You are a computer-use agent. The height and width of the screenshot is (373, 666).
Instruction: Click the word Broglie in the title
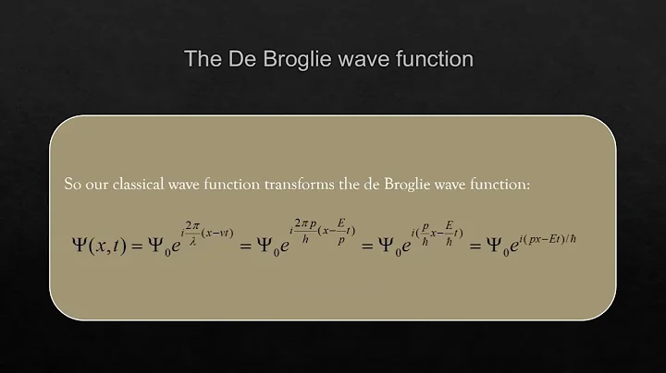click(306, 60)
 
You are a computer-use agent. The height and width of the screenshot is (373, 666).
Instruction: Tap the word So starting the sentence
click(73, 185)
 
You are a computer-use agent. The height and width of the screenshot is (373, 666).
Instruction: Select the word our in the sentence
click(101, 185)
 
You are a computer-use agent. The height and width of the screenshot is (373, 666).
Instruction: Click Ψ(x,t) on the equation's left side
click(101, 246)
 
